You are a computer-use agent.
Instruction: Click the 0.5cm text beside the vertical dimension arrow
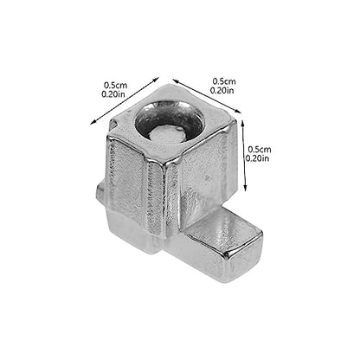260,150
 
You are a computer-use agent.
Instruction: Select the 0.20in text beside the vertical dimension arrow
257,158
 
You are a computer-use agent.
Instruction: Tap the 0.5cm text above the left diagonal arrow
116,86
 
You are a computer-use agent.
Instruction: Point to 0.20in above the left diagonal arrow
113,94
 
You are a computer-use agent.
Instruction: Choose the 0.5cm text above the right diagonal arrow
224,81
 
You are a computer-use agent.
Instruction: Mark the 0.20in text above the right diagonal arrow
222,90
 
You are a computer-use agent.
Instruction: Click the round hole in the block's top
170,120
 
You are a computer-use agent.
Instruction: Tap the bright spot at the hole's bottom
167,135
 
